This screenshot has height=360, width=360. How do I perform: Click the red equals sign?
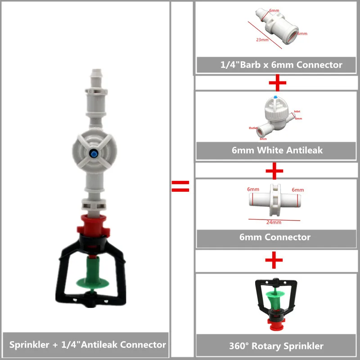[x=180, y=186]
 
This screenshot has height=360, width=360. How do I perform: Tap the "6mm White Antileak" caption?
[x=277, y=150]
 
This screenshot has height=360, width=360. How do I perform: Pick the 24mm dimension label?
[x=274, y=222]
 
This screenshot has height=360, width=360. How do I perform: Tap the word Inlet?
[x=297, y=111]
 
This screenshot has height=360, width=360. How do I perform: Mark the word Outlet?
[x=253, y=128]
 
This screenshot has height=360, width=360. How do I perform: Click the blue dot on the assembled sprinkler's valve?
[x=91, y=153]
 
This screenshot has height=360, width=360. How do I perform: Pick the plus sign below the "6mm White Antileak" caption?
[x=275, y=171]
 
